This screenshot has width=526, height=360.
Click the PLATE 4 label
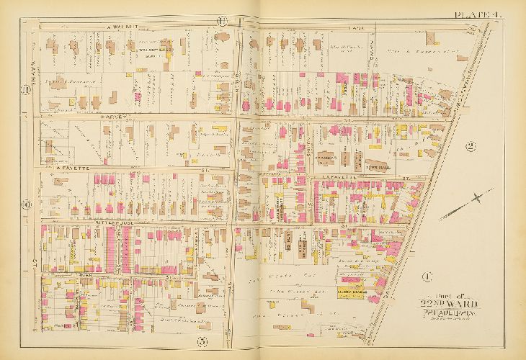tap(478, 14)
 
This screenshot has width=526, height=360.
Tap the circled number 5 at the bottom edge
tap(204, 341)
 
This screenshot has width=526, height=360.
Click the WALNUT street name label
tap(117, 27)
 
